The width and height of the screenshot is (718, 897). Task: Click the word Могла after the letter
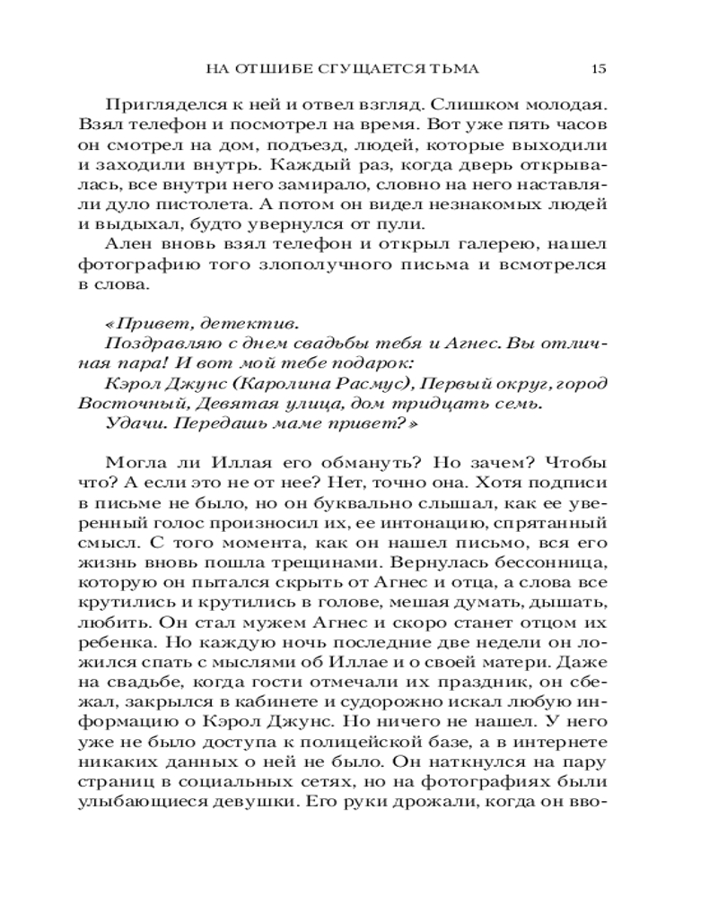(133, 464)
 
